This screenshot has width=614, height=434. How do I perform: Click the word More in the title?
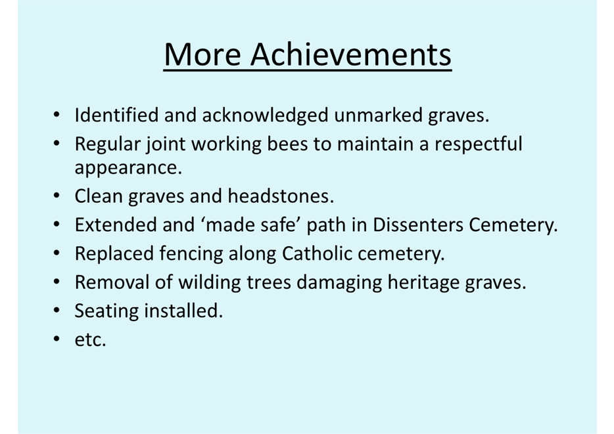(202, 54)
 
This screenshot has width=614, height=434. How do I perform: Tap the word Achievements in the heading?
(351, 54)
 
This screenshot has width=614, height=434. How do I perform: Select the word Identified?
(116, 115)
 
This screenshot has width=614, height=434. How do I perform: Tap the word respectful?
(479, 144)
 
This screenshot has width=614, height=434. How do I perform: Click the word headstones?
(281, 196)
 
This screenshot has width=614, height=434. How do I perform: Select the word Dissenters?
(417, 225)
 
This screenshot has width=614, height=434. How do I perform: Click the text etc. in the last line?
(91, 339)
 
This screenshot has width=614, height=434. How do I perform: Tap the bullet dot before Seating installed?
(57, 311)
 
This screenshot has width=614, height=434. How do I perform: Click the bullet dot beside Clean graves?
(57, 196)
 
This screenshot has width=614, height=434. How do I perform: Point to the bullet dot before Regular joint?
(57, 144)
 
